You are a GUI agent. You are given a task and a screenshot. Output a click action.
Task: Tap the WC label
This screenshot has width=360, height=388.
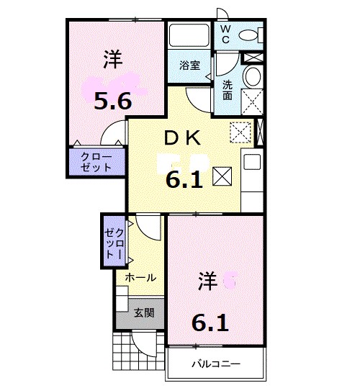coord(224,34)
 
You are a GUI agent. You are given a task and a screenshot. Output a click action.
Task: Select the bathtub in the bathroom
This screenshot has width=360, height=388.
coord(189,36)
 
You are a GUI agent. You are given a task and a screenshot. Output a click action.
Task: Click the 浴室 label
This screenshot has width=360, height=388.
coord(190,65)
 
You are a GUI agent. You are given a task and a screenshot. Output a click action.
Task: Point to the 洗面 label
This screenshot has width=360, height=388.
coord(227,90)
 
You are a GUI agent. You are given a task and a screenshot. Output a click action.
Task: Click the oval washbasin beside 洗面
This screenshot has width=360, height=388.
coord(253,77)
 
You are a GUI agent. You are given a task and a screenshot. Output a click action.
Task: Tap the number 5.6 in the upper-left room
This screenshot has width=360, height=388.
coord(113,101)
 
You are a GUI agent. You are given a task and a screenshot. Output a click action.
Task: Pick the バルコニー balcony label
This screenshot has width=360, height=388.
coord(215,364)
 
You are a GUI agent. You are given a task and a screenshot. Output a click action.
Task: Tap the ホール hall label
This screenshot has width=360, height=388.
coord(140,277)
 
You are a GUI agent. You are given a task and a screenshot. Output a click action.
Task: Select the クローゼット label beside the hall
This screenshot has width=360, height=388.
coord(114,241)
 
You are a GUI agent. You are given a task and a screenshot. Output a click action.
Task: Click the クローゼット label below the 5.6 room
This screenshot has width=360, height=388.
coord(96,161)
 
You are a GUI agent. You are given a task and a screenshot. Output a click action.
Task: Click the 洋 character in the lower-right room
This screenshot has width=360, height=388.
coord(207,281)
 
